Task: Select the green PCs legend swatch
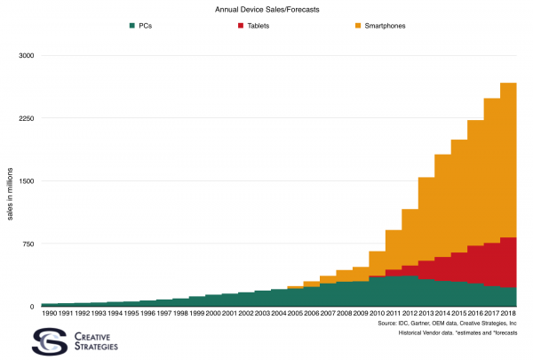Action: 132,25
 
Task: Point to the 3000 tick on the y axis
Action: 26,56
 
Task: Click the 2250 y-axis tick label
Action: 26,118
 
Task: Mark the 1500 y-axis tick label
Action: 26,181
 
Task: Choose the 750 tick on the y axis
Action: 28,244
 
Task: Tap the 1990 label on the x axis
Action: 49,313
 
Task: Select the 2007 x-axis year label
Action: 328,313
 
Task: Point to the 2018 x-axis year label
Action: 508,313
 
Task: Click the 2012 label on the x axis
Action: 410,313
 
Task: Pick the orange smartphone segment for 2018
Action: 508,160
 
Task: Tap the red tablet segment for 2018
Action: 508,262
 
